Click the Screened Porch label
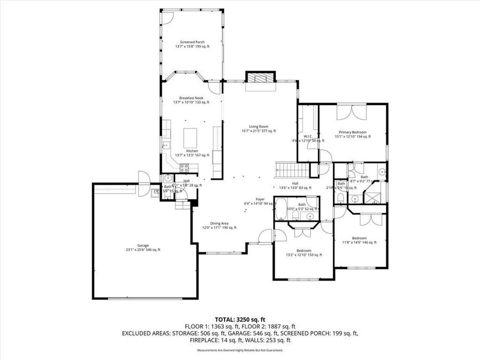[x=192, y=42]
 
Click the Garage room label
[x=143, y=246]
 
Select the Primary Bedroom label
[x=352, y=132]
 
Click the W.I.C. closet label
[x=308, y=135]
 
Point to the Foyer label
[x=260, y=199]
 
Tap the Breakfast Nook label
[x=191, y=98]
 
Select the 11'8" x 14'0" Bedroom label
[x=359, y=238]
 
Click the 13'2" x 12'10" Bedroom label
[x=304, y=251]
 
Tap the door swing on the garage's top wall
[x=143, y=177]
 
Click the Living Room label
[x=259, y=126]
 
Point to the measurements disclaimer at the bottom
[x=239, y=350]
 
